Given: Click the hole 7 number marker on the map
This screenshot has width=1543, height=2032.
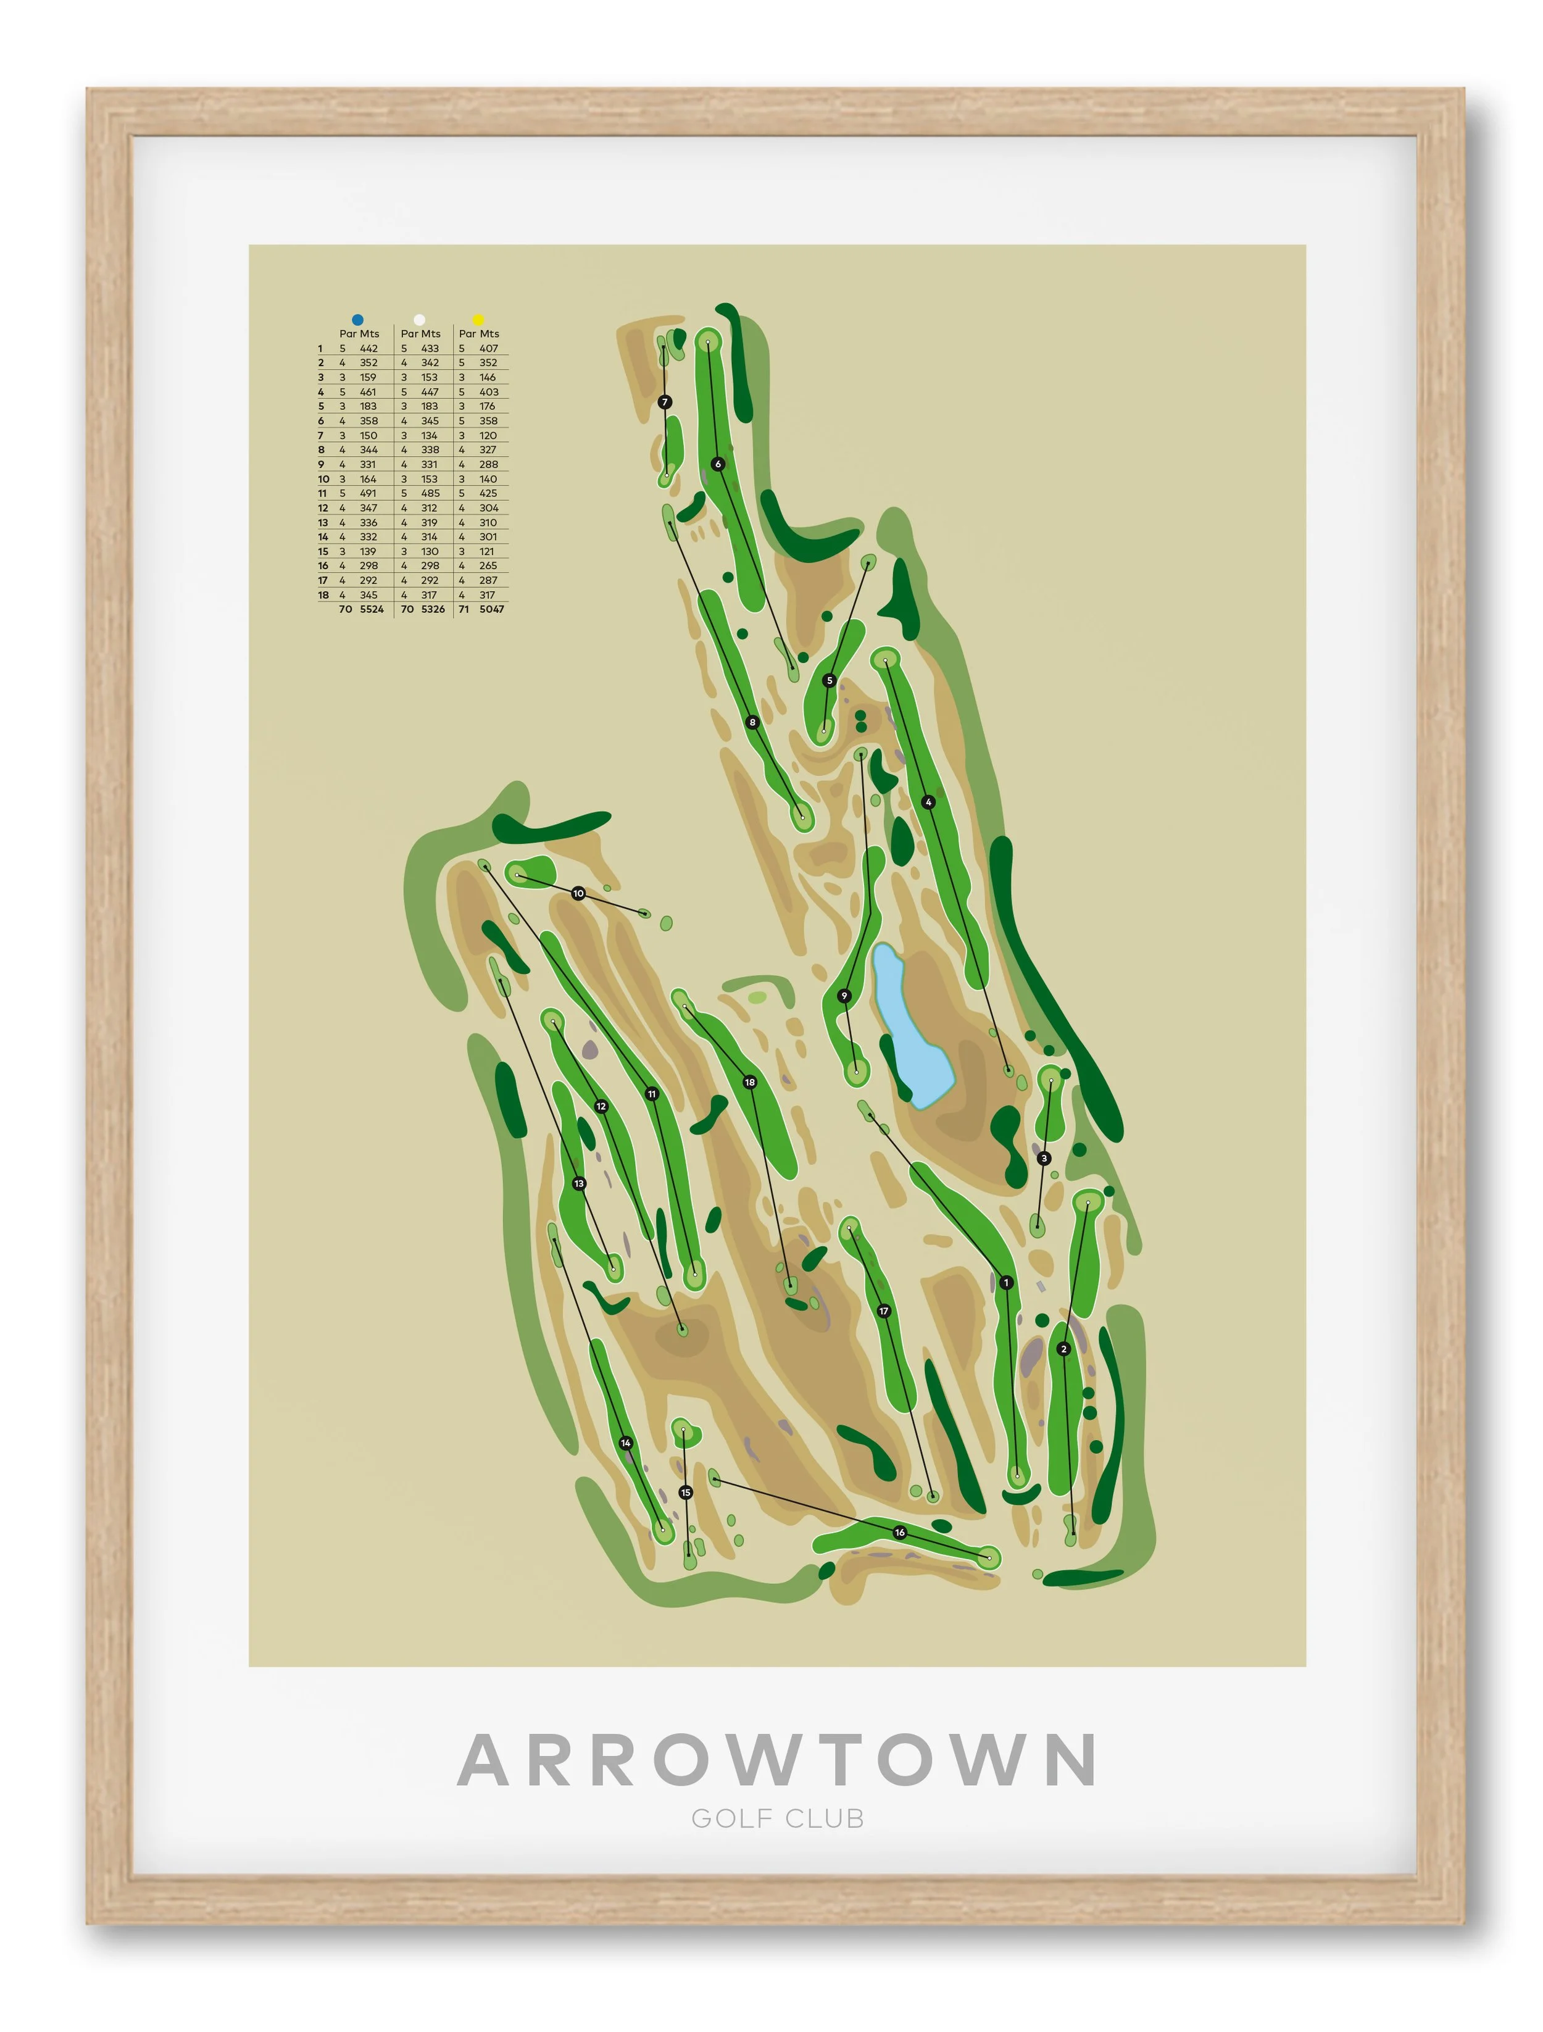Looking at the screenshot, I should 665,401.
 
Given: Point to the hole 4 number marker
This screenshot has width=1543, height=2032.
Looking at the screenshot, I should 928,802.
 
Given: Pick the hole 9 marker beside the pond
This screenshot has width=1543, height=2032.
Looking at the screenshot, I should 844,996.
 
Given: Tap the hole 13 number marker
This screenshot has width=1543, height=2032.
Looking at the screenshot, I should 579,1183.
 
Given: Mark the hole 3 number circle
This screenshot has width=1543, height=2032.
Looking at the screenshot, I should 1043,1159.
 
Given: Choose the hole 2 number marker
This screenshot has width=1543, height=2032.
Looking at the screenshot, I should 1063,1349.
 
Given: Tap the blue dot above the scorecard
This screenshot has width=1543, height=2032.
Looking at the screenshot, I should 357,320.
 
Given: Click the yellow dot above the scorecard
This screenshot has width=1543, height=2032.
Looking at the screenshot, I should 478,320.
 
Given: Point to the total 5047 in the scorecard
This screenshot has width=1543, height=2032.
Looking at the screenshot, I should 491,609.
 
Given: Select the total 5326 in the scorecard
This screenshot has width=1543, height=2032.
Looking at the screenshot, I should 433,609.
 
